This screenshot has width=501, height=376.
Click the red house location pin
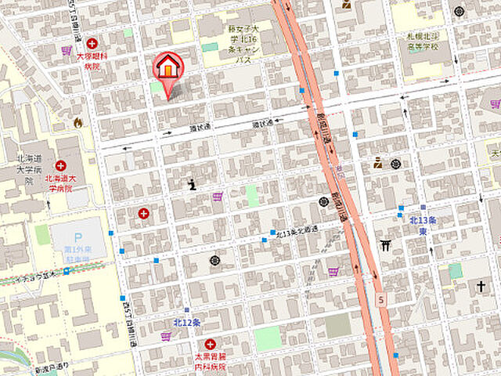coord(166,69)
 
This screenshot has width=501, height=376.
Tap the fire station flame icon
coord(77,122)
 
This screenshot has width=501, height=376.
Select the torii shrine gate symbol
coord(385,246)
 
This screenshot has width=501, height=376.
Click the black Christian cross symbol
coord(481,287)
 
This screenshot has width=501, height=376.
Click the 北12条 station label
coord(187,322)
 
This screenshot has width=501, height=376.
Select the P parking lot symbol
coord(77,237)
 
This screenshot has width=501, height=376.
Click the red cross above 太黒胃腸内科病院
coord(210,344)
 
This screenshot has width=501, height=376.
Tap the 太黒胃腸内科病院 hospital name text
coord(210,361)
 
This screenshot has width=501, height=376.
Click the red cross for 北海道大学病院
coord(61,165)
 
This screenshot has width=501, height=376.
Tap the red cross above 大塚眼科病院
coord(92,44)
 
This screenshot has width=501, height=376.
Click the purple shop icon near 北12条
coord(166,337)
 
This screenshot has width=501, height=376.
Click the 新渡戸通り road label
coord(52,368)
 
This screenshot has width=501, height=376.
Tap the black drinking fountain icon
coord(192,185)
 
